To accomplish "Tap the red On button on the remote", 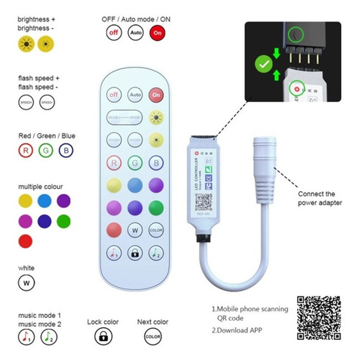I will (156, 95).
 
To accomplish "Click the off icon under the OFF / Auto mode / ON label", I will (114, 33).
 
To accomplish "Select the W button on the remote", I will (135, 230).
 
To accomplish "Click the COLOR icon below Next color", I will (153, 337).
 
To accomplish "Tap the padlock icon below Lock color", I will (103, 336).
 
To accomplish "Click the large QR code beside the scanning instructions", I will (319, 318).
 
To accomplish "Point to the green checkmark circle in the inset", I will (264, 64).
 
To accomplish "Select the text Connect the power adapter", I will (319, 198).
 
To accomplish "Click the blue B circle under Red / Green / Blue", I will (66, 151).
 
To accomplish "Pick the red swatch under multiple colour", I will (26, 241).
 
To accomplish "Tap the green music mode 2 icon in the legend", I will (49, 337).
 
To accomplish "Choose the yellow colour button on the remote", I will (114, 185).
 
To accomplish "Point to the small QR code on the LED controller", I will (203, 201).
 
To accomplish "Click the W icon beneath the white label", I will (26, 283).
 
